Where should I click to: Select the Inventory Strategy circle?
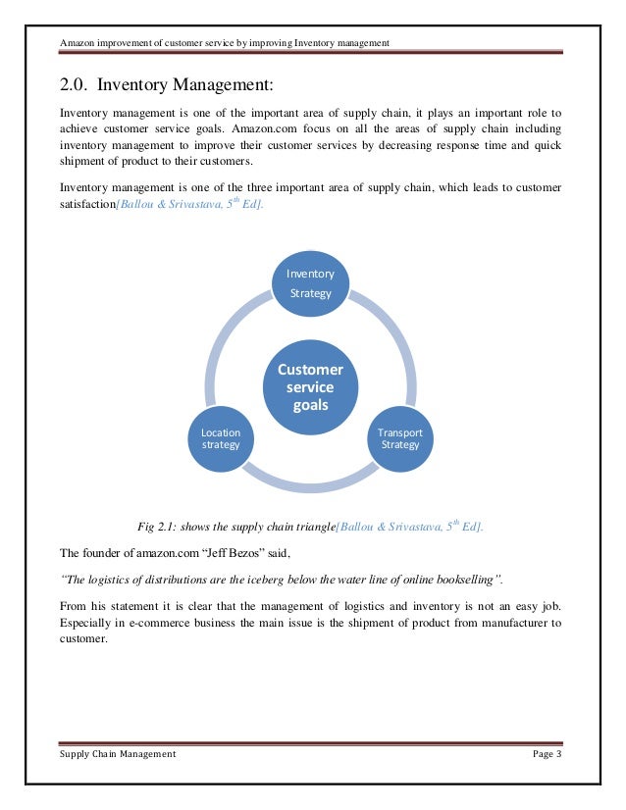311,282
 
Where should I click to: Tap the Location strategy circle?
221,438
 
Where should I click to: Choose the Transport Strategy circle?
400,438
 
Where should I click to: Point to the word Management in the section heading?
215,83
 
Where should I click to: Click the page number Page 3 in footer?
548,753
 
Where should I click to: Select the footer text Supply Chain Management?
118,753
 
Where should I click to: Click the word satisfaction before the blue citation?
87,204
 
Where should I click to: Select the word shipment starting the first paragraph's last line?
83,162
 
